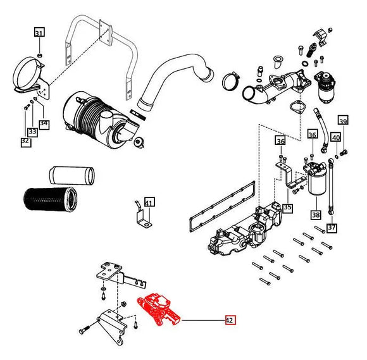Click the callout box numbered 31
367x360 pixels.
39,33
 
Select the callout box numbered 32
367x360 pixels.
25,142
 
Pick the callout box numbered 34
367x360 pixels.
44,124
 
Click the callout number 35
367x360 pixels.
287,208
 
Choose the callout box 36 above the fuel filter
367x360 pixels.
312,135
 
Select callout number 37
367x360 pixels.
332,227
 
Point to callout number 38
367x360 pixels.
314,214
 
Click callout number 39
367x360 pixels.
343,121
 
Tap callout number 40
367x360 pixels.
336,137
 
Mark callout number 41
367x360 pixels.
149,202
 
